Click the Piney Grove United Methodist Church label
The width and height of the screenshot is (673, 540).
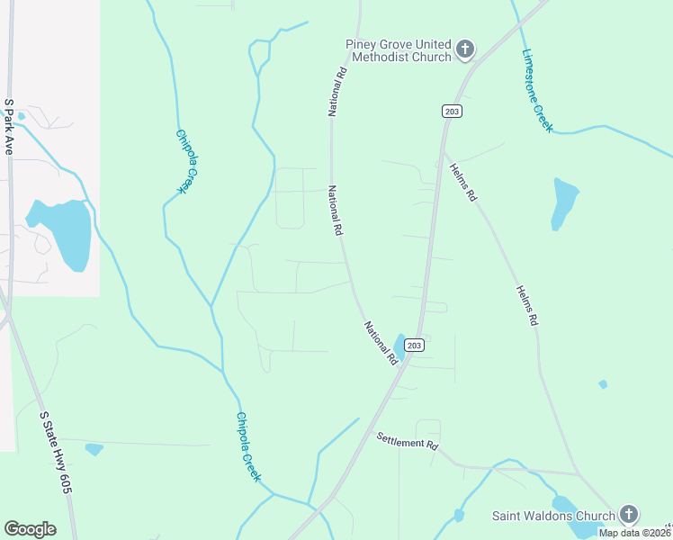pos(398,51)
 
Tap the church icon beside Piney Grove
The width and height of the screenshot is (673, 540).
pos(465,49)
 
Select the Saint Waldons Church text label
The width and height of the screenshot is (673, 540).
pos(553,516)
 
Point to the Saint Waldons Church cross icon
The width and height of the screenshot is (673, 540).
pos(628,515)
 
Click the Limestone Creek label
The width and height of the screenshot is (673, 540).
pos(537,90)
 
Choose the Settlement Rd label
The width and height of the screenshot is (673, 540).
pos(408,442)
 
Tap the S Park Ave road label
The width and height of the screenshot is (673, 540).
pos(8,127)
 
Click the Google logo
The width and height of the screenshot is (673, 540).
pos(30,529)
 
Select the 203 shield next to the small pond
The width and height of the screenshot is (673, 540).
pos(414,346)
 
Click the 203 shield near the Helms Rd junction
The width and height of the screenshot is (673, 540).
pos(452,111)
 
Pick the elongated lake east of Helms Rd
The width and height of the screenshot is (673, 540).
pos(563,203)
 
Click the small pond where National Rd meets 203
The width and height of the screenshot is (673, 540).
pos(399,346)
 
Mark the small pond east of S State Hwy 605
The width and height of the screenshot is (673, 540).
pos(94,449)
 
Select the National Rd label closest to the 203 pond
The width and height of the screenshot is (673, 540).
pos(381,343)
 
